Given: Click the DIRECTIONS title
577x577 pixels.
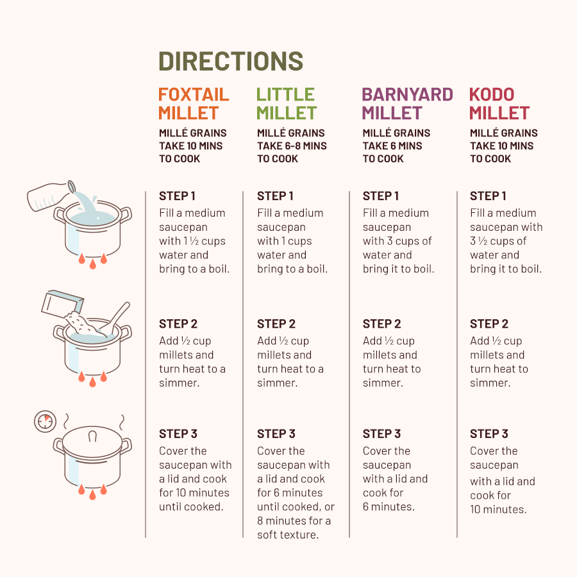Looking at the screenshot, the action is pyautogui.click(x=231, y=61).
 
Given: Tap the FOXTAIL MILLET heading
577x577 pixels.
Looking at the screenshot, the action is pyautogui.click(x=194, y=104).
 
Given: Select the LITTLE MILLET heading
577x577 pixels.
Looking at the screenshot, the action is pyautogui.click(x=287, y=104).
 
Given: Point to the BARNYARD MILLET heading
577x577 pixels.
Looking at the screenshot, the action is pyautogui.click(x=407, y=104).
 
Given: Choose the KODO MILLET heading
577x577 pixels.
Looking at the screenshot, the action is pyautogui.click(x=499, y=104).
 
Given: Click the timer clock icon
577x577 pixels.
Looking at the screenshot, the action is pyautogui.click(x=46, y=421).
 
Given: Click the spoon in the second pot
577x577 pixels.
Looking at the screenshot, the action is pyautogui.click(x=115, y=318).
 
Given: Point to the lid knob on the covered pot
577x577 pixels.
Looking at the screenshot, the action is pyautogui.click(x=92, y=437).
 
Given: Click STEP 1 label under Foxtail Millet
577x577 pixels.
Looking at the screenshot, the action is pyautogui.click(x=177, y=196).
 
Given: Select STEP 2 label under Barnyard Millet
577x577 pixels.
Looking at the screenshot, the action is pyautogui.click(x=381, y=324).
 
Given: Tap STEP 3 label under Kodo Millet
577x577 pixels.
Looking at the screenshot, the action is pyautogui.click(x=489, y=434).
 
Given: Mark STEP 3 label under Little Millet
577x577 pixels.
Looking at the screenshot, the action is pyautogui.click(x=276, y=434).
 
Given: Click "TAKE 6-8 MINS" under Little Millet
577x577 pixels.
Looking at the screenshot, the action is pyautogui.click(x=292, y=146).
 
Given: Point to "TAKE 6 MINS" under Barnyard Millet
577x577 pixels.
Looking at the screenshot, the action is pyautogui.click(x=392, y=146).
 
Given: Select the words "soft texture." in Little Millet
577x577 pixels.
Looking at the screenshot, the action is pyautogui.click(x=288, y=535).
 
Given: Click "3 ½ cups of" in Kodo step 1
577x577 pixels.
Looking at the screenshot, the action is pyautogui.click(x=498, y=241).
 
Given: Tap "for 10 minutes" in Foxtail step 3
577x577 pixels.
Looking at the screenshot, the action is pyautogui.click(x=194, y=493).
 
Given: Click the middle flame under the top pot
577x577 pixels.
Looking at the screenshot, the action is pyautogui.click(x=93, y=264).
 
